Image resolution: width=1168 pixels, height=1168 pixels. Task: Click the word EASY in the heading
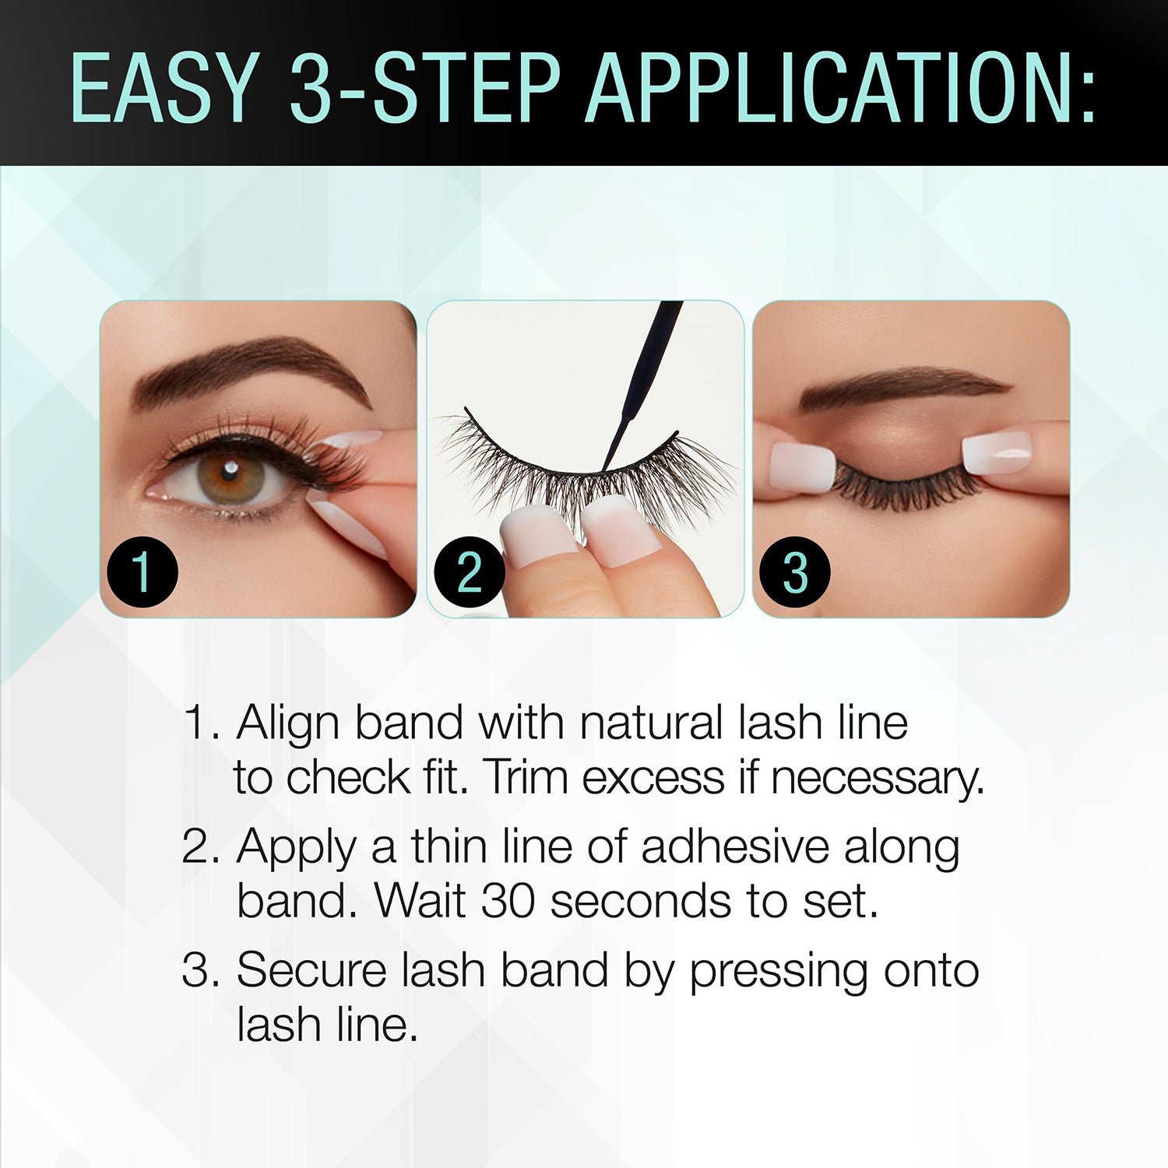click(x=164, y=87)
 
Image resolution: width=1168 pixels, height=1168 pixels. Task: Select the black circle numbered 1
click(x=142, y=572)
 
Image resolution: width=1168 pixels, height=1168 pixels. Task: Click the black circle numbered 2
click(x=469, y=572)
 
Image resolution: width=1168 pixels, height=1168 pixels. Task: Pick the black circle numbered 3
click(x=794, y=572)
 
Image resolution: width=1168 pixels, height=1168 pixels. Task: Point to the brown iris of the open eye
click(x=232, y=473)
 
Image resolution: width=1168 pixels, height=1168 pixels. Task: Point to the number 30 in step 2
click(x=508, y=901)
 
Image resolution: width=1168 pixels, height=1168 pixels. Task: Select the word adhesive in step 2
click(x=735, y=846)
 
